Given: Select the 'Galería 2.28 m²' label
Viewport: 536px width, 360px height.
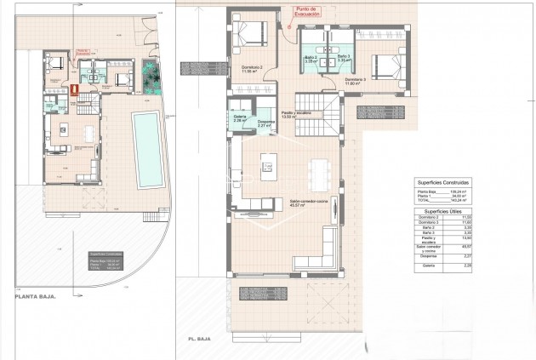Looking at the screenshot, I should click(x=239, y=119).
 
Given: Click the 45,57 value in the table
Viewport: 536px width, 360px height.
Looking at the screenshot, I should click(x=465, y=247).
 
